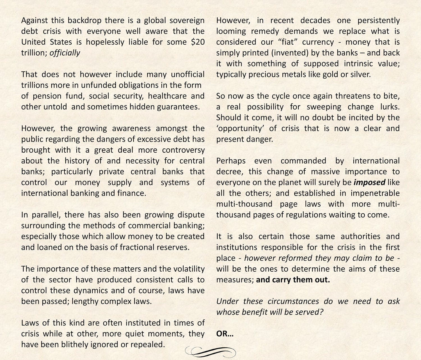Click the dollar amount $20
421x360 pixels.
(x=198, y=42)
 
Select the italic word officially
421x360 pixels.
(x=65, y=53)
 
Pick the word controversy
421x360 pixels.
(x=183, y=150)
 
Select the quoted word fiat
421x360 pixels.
(x=288, y=42)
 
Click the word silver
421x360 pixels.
(x=359, y=74)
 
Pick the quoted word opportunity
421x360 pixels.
(x=240, y=129)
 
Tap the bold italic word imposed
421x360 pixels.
(x=369, y=182)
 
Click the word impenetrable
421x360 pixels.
(x=375, y=193)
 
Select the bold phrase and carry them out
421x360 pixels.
(x=293, y=280)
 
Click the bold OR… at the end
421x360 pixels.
(x=225, y=334)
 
